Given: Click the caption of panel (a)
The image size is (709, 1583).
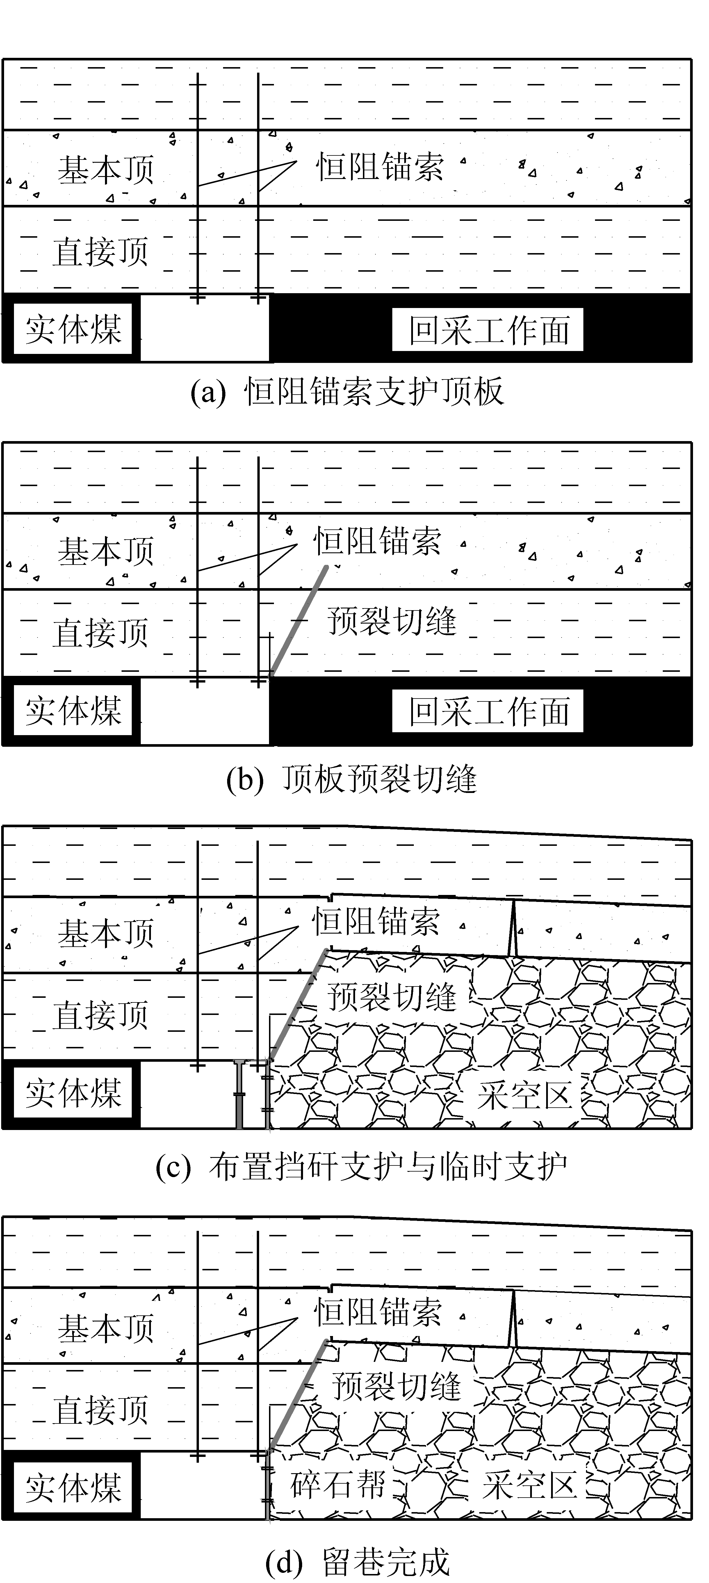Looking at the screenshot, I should pyautogui.click(x=348, y=391).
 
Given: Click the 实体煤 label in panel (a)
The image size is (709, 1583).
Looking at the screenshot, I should pyautogui.click(x=73, y=330).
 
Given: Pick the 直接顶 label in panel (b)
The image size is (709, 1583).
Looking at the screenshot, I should pyautogui.click(x=100, y=633).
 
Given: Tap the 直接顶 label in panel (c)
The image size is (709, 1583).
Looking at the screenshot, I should pyautogui.click(x=100, y=1015).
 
